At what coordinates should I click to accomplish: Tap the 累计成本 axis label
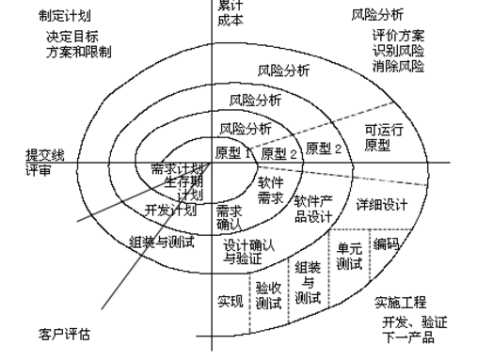point(231,10)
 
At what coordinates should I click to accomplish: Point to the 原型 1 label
point(235,153)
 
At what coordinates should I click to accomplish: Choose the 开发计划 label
point(170,210)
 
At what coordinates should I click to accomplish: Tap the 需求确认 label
point(230,217)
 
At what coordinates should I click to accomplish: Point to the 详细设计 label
point(381,203)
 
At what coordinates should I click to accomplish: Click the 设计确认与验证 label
point(249,252)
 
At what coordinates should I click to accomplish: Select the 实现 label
point(231,301)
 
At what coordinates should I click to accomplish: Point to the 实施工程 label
point(400,303)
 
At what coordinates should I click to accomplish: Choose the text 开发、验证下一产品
point(414,329)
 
